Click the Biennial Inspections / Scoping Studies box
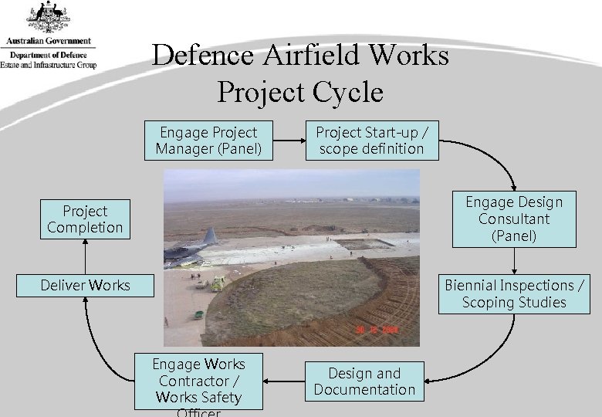(x=513, y=294)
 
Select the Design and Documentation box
(x=364, y=381)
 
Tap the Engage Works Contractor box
(x=198, y=381)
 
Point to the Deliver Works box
(x=86, y=285)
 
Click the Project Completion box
(x=85, y=219)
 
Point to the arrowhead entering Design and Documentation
(x=428, y=380)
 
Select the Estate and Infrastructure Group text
(x=48, y=65)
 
